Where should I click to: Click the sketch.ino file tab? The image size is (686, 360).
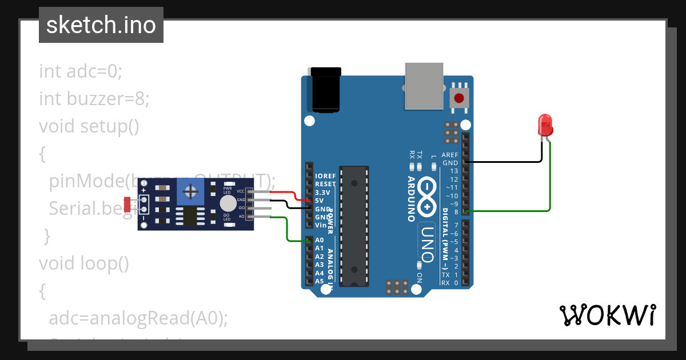101,25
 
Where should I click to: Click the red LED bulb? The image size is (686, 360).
544,123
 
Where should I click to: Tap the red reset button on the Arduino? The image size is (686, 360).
459,98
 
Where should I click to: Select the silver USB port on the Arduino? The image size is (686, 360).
424,85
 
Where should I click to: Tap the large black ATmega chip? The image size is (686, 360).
354,226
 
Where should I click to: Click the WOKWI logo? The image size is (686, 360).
607,315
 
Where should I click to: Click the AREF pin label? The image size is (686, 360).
450,154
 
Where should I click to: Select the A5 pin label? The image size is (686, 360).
319,281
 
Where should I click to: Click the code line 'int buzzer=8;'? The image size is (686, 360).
94,99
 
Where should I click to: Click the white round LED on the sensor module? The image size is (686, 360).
228,203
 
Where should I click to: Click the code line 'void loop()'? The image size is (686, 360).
84,263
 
